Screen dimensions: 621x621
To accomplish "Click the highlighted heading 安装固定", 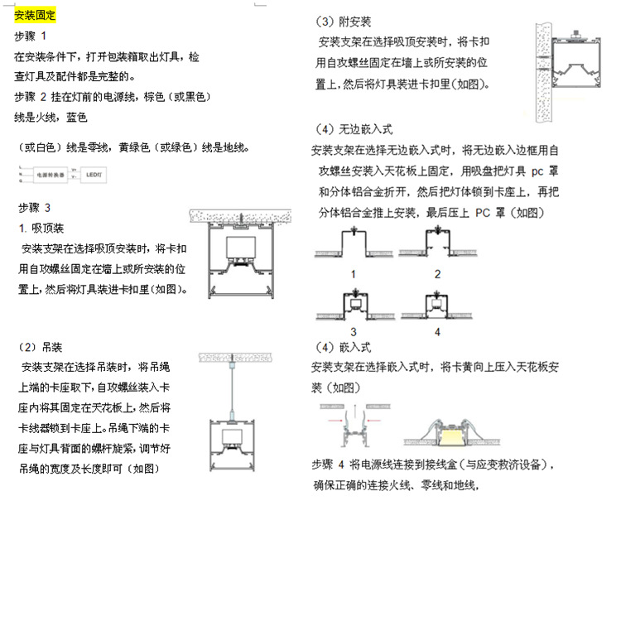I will point(36,16).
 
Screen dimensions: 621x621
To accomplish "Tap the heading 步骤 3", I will point(34,207).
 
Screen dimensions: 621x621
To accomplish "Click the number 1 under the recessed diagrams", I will point(354,274).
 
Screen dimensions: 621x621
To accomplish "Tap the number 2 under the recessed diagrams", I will point(437,274).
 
